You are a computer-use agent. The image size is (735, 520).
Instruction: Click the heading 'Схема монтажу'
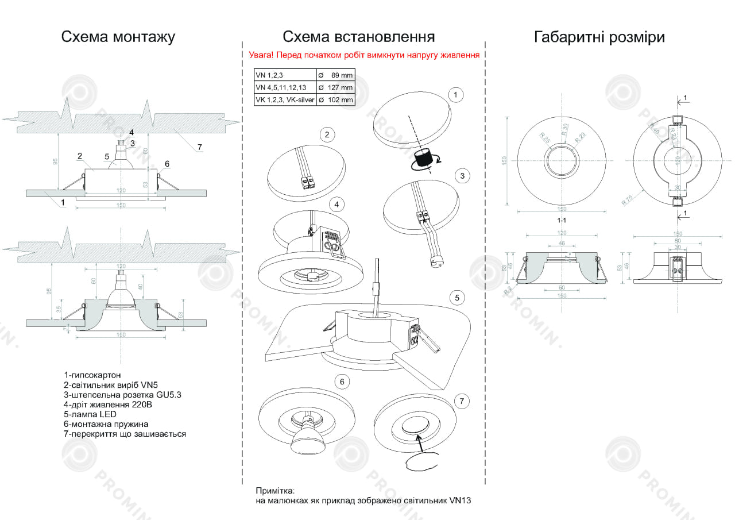[x=118, y=37]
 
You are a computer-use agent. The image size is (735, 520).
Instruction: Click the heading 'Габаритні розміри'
[x=599, y=37]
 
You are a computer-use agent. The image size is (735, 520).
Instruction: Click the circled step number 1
[x=455, y=95]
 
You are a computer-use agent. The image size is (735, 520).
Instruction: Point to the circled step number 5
[x=457, y=298]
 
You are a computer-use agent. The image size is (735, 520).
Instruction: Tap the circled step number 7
[x=462, y=401]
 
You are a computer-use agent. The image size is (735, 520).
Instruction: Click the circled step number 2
[x=327, y=135]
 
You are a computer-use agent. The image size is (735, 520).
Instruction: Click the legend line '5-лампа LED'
[x=90, y=414]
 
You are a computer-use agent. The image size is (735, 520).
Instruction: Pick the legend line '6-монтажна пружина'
[x=106, y=424]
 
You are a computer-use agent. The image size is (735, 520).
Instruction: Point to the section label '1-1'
[x=562, y=220]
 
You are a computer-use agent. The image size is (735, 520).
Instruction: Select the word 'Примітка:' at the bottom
[x=274, y=491]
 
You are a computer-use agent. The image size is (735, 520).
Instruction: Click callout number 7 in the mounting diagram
[x=199, y=148]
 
